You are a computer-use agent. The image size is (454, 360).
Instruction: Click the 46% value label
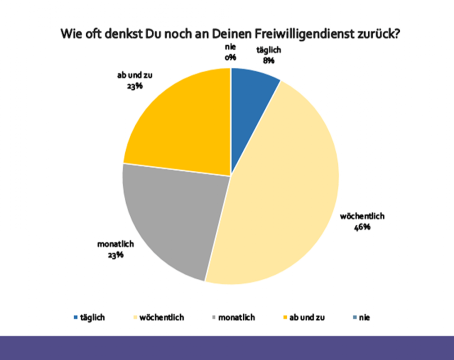tap(362, 226)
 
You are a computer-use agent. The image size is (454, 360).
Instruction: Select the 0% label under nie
tap(230, 57)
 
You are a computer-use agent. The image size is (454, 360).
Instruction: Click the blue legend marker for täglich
tap(75, 317)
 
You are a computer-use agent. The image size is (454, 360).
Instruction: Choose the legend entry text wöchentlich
tap(162, 317)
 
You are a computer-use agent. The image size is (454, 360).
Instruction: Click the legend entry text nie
tap(364, 317)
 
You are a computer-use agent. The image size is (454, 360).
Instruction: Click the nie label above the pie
tap(230, 48)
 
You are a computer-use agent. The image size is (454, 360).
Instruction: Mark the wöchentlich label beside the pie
tap(361, 217)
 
